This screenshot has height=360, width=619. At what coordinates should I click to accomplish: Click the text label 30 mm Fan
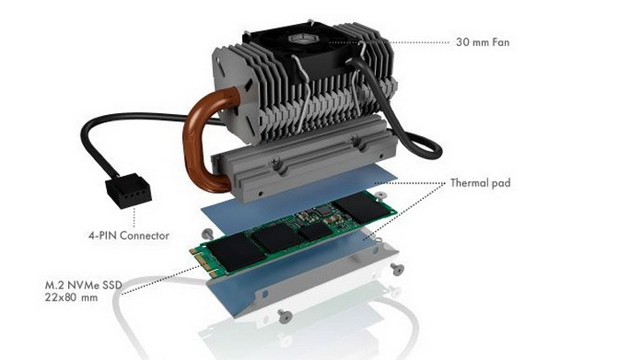pyautogui.click(x=483, y=42)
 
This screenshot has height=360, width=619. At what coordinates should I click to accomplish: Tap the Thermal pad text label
pyautogui.click(x=480, y=183)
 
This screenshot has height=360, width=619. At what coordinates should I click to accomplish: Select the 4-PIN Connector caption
pyautogui.click(x=129, y=235)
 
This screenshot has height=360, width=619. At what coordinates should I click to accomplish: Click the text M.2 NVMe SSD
pyautogui.click(x=83, y=285)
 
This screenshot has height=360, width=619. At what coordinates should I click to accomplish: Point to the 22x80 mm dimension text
pyautogui.click(x=72, y=297)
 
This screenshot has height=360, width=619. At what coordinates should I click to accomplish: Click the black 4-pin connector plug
pyautogui.click(x=128, y=190)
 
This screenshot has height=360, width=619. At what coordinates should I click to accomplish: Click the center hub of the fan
pyautogui.click(x=301, y=39)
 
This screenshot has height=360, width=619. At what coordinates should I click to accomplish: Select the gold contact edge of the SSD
pyautogui.click(x=203, y=261)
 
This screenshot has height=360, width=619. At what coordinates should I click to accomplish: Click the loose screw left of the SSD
pyautogui.click(x=208, y=234)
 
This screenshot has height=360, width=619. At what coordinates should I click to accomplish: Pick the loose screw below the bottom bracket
pyautogui.click(x=284, y=316)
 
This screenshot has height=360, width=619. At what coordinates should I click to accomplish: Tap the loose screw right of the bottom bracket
pyautogui.click(x=397, y=269)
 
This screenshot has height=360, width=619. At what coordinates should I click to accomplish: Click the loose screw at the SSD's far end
pyautogui.click(x=380, y=195)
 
